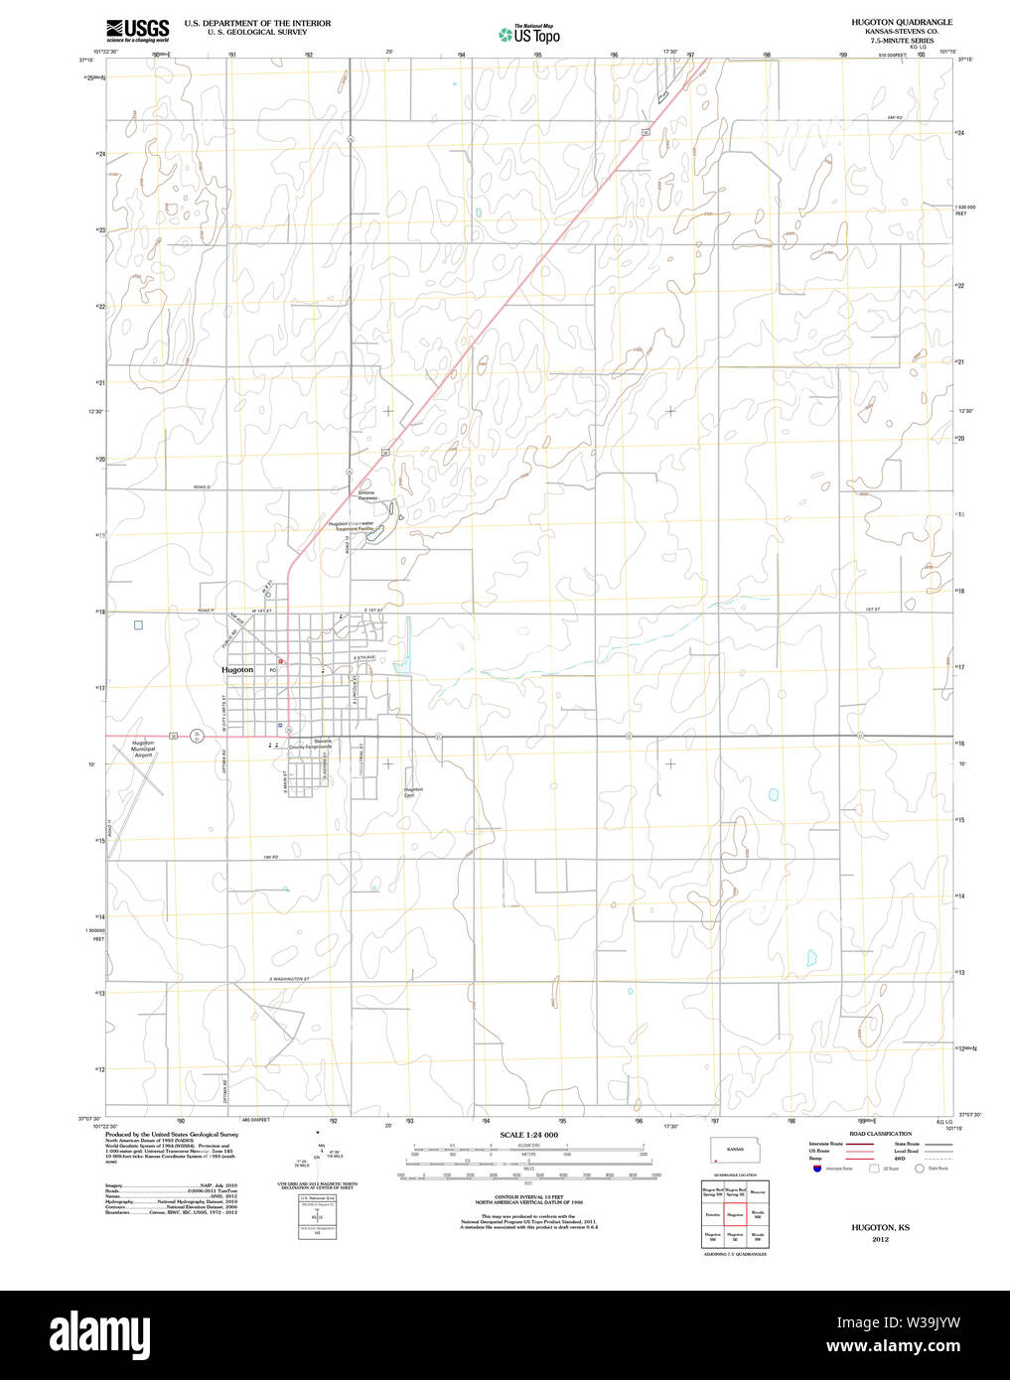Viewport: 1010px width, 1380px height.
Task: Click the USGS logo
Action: [138, 29]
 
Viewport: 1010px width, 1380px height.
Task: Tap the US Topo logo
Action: [529, 35]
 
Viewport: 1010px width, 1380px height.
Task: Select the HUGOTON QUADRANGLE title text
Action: [901, 22]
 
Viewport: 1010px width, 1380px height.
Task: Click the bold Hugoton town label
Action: [237, 670]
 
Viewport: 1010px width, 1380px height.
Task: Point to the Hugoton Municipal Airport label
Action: [143, 749]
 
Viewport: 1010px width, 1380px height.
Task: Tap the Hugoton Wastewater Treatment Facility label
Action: [353, 527]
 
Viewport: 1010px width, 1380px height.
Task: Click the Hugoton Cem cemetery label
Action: [413, 792]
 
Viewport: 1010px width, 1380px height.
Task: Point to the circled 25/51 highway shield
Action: [198, 736]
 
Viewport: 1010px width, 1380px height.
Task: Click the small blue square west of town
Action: [138, 624]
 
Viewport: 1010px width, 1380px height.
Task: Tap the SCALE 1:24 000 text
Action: [528, 1135]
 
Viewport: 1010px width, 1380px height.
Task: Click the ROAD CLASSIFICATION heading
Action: [880, 1134]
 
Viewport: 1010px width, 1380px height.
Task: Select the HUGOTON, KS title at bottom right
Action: [880, 1228]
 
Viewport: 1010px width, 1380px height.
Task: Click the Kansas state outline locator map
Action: [734, 1151]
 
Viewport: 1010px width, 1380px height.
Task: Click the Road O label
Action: [203, 486]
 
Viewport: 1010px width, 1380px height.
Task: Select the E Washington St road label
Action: [289, 980]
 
